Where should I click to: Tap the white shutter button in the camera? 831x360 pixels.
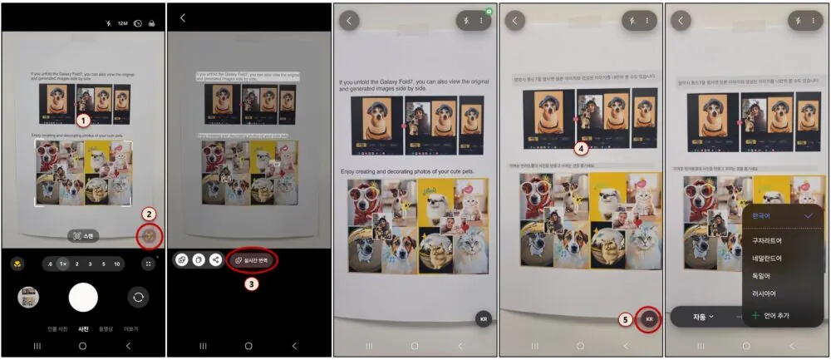[83, 297]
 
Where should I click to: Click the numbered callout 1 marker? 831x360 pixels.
[83, 121]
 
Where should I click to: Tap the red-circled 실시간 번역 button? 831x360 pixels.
[252, 259]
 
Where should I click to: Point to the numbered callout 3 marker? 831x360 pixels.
[251, 283]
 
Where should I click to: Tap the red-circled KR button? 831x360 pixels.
[649, 318]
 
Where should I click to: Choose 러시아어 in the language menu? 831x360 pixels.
[766, 293]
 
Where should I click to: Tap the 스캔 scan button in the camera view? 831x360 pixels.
[83, 236]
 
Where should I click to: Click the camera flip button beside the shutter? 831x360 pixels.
[138, 297]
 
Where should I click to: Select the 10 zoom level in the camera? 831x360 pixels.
[117, 264]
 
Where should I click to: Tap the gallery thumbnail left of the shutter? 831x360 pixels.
[28, 297]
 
